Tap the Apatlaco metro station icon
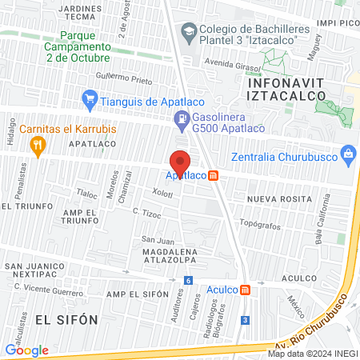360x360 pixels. (214, 176)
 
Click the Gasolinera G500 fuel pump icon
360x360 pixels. (182, 121)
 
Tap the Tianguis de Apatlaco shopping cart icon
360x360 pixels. (90, 100)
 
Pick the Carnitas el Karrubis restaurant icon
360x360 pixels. (36, 145)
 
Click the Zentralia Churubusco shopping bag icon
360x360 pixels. (348, 153)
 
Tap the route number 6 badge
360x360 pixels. (188, 280)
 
